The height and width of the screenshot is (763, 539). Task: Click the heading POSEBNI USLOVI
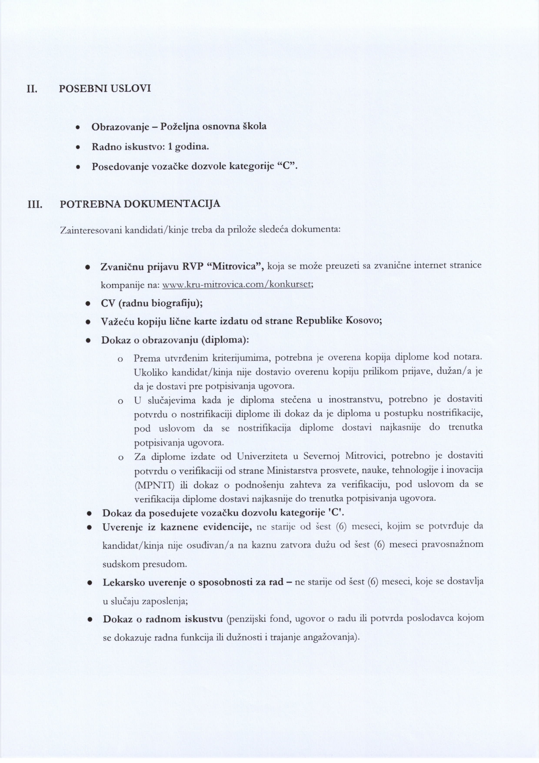(105, 89)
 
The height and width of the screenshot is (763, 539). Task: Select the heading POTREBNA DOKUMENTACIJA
(140, 204)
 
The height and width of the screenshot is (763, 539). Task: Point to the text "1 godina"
(188, 146)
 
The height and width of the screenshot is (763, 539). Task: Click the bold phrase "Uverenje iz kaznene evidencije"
(177, 527)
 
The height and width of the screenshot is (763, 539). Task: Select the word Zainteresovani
(90, 230)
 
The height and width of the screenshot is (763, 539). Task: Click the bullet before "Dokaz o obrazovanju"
(88, 340)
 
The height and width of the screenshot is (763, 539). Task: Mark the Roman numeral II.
(32, 89)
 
